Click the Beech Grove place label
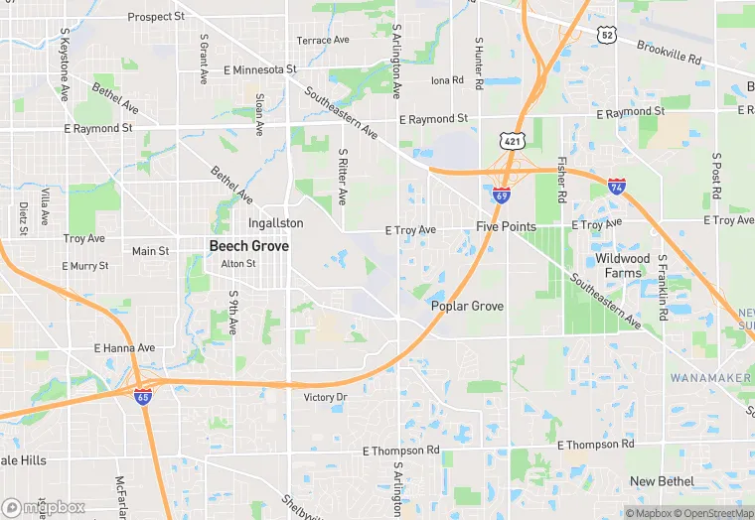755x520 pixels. (x=248, y=245)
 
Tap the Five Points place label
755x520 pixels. (x=506, y=226)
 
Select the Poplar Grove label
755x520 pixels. (x=467, y=306)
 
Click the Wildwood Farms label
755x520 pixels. (x=622, y=265)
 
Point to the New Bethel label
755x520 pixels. (x=663, y=481)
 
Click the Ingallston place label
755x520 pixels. (x=275, y=224)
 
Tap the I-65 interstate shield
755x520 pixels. (x=144, y=396)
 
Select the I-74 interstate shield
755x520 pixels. (x=617, y=186)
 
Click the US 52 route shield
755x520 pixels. (x=606, y=35)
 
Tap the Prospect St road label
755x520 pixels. (x=156, y=17)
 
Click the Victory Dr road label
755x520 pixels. (x=325, y=397)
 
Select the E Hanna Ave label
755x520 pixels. (x=124, y=348)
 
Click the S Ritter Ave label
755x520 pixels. (x=342, y=177)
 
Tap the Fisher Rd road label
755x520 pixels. (x=561, y=179)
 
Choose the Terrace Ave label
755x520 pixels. (x=324, y=41)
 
